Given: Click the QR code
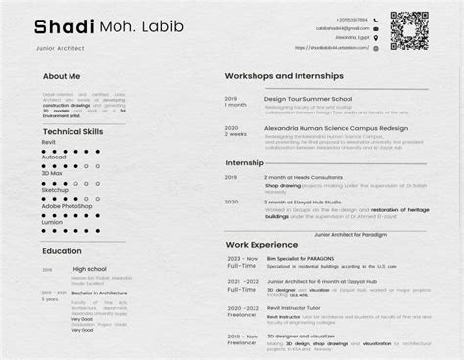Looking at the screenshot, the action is coord(409,29).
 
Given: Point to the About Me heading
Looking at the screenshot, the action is coord(62,75).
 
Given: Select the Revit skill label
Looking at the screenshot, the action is coord(50,142).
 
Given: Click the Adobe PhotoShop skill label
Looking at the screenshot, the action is coord(67,206).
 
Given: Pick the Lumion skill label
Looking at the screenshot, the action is coord(53,221).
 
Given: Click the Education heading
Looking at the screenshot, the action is coord(62,251).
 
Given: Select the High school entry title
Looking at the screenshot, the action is coord(90,268).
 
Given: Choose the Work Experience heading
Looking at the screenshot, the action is coord(261,244).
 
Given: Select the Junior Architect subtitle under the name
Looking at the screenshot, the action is coord(56,46).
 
